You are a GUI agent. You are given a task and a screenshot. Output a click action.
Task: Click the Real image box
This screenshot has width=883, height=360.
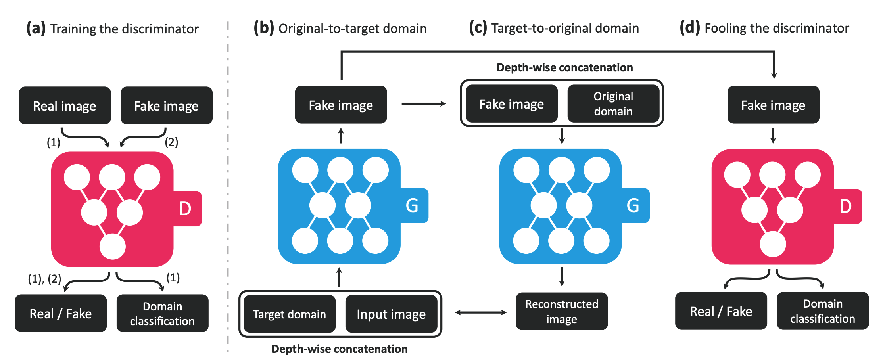65,105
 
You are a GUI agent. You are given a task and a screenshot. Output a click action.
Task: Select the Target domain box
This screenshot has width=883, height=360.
290,314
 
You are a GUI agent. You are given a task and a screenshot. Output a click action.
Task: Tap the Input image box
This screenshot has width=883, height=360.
391,314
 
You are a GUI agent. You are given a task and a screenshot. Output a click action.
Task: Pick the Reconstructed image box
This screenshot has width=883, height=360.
562,311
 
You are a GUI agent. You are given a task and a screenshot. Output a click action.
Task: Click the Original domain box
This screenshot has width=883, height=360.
613,103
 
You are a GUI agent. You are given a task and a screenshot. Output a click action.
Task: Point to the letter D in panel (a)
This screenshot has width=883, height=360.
185,209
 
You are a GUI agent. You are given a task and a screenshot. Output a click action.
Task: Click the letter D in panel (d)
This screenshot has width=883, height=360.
845,206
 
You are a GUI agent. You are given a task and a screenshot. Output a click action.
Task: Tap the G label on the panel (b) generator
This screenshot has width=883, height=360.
412,205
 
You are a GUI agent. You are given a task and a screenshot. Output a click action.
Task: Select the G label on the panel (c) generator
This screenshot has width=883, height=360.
633,205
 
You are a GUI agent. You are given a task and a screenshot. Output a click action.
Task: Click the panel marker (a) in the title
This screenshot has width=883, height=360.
36,29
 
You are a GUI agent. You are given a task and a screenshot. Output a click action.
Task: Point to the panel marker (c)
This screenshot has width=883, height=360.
478,28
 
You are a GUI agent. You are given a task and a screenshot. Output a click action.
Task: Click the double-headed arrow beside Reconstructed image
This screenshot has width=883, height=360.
481,312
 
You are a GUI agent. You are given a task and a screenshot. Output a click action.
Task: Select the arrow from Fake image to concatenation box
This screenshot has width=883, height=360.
424,104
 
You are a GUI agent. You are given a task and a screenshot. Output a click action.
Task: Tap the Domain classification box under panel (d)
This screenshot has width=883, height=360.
823,311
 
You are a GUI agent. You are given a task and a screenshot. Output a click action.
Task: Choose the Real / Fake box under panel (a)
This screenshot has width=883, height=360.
61,313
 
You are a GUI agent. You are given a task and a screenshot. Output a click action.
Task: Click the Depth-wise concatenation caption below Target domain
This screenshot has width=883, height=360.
340,349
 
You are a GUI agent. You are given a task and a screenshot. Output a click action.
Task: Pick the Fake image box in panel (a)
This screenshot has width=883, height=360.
167,105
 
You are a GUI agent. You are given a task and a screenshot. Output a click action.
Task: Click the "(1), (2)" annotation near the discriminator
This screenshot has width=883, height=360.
44,279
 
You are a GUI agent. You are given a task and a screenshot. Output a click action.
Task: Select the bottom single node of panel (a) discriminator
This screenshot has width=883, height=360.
113,246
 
